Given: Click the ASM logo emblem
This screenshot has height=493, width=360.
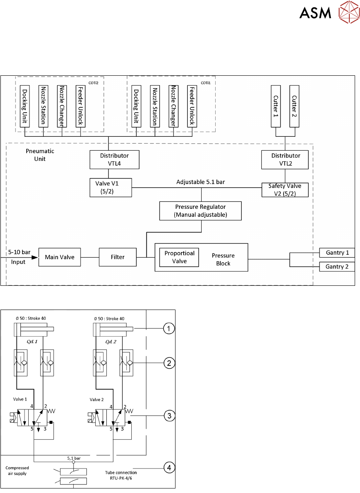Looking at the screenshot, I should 348,13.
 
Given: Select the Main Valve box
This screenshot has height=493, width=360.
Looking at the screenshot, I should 59,257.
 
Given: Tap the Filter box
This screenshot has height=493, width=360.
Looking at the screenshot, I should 118,257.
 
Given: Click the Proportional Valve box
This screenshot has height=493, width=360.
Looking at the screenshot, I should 179,257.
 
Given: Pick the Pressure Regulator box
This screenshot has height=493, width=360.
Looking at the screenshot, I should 200,211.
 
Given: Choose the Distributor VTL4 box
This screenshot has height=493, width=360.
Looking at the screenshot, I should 115,159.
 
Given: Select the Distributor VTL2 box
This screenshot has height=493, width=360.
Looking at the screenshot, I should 285,159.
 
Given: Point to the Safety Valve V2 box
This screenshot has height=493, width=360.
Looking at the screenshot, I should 285,190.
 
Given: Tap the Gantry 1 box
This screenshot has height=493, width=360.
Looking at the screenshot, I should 337,253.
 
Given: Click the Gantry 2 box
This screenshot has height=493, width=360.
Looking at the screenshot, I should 337,267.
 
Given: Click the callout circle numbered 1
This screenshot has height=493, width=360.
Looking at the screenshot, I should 169,328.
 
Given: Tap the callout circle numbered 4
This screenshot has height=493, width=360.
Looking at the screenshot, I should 169,467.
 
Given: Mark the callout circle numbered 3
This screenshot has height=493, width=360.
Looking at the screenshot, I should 169,416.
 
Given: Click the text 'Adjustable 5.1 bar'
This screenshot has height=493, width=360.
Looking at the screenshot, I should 200,181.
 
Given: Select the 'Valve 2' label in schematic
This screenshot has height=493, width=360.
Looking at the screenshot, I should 96,399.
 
